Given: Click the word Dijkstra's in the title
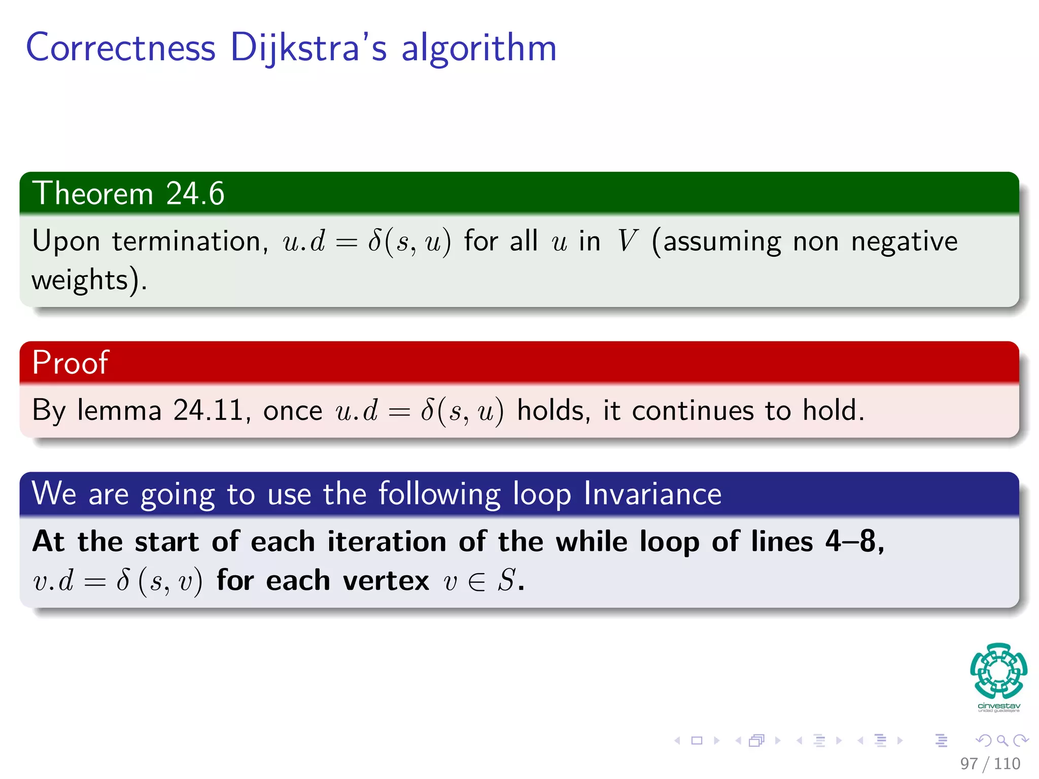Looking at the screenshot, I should (x=308, y=48).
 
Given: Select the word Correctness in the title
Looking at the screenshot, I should (x=121, y=48).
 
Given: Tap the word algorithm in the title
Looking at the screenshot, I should (x=479, y=48).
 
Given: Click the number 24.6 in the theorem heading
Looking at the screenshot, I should (x=195, y=194).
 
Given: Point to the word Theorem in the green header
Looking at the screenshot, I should (x=93, y=194).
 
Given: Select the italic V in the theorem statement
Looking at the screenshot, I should (x=627, y=241).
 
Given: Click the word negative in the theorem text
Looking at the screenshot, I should (x=904, y=241).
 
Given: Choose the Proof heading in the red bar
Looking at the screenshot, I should (x=70, y=363).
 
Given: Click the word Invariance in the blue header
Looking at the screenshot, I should (x=652, y=494).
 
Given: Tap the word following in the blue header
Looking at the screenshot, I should (x=439, y=494).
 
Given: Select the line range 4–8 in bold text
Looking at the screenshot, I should (x=854, y=541).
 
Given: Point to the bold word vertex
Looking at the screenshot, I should (x=386, y=580).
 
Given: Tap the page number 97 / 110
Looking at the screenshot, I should (x=990, y=763).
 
